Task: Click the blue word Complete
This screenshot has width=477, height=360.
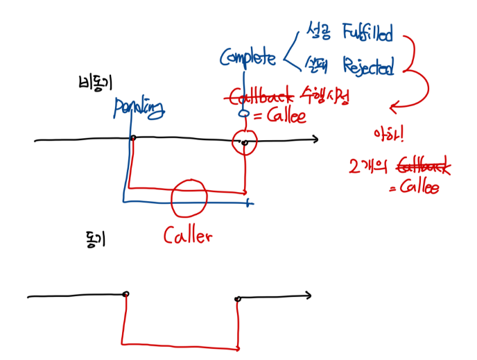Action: [x=248, y=58]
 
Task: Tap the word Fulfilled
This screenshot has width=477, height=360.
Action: [x=367, y=33]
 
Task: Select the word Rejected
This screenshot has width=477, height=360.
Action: [x=368, y=68]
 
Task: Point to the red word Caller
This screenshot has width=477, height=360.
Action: [x=187, y=236]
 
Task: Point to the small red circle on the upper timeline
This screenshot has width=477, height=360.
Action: [x=245, y=142]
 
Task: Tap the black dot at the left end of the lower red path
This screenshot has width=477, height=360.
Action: [x=125, y=295]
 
